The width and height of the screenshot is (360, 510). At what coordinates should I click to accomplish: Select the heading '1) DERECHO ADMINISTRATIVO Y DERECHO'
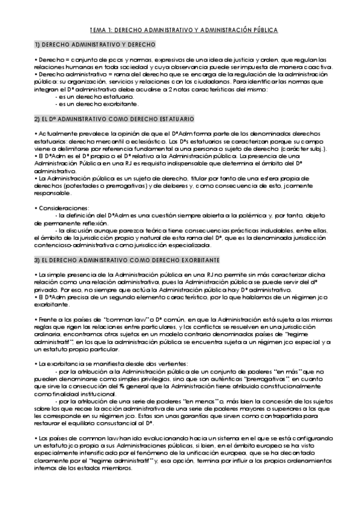point(95,45)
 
